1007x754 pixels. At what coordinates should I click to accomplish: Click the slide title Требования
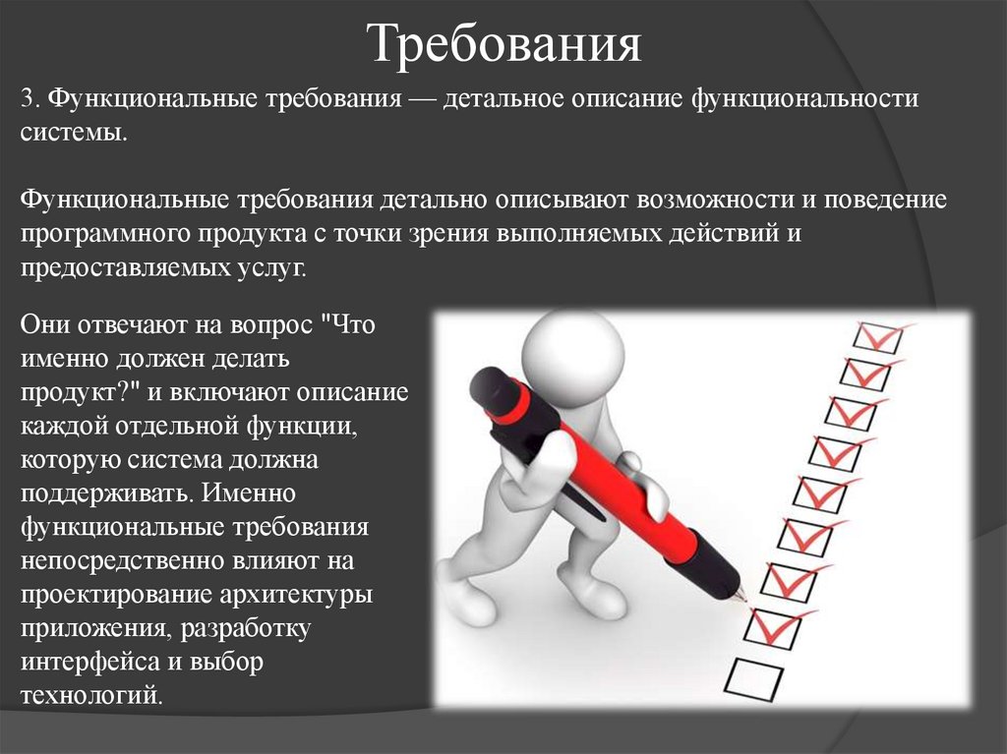504,44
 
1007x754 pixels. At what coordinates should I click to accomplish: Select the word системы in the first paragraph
72,132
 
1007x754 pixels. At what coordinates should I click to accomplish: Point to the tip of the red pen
743,597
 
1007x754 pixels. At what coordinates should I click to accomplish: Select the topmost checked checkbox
877,336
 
